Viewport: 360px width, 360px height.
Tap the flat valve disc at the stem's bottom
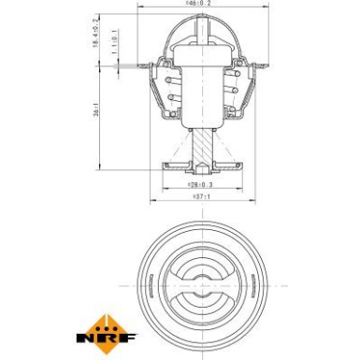201,164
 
